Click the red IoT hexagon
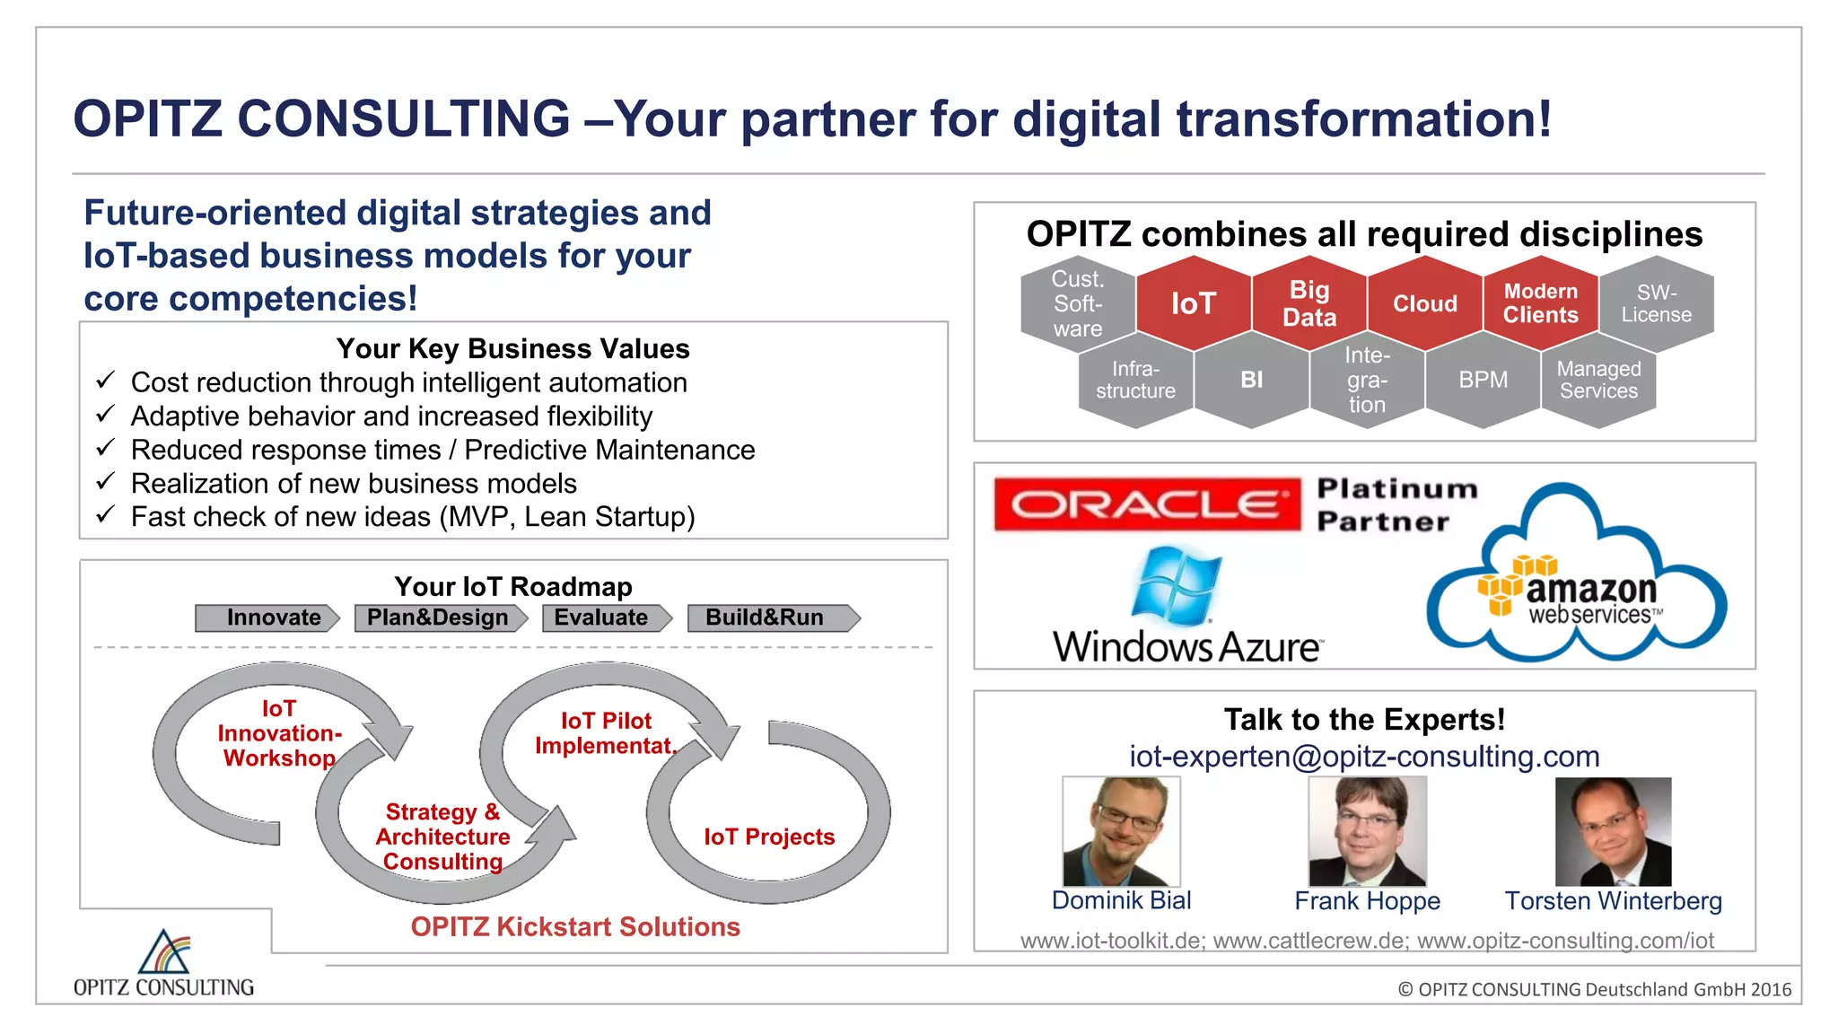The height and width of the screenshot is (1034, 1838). [1193, 303]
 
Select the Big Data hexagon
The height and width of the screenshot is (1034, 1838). [1308, 303]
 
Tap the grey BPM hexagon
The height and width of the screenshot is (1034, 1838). [1483, 380]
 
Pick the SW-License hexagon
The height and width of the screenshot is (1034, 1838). [1656, 303]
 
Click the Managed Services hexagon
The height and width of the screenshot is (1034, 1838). [1598, 380]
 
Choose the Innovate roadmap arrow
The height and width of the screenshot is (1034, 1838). [267, 618]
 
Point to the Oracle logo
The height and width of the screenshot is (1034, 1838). [1147, 504]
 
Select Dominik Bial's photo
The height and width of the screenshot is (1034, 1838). [1121, 831]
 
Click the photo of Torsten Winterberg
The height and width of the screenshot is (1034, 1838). [1613, 831]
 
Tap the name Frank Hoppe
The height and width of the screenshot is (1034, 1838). [1367, 901]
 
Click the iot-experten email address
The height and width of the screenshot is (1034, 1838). [1364, 757]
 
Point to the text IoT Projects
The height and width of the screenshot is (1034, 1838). [769, 837]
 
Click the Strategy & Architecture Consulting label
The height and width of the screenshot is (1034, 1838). [442, 837]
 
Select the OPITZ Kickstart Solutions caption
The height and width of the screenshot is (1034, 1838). [575, 926]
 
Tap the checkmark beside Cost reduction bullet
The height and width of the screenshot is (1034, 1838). [105, 381]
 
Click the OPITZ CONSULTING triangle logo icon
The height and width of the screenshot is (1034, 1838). [163, 952]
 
